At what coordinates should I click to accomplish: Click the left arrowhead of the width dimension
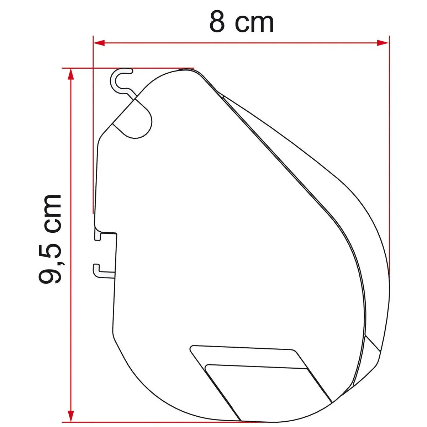[x=99, y=43]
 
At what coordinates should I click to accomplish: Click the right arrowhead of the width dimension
[x=383, y=43]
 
